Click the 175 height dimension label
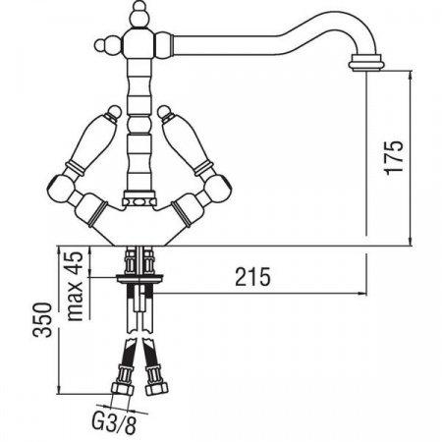pos(394,158)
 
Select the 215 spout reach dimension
pos(253,277)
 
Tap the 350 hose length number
pos(42,320)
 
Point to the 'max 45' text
pos(75,286)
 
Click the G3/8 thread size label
pos(114,423)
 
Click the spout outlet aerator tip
pos(365,63)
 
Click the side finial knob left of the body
pos(107,45)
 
